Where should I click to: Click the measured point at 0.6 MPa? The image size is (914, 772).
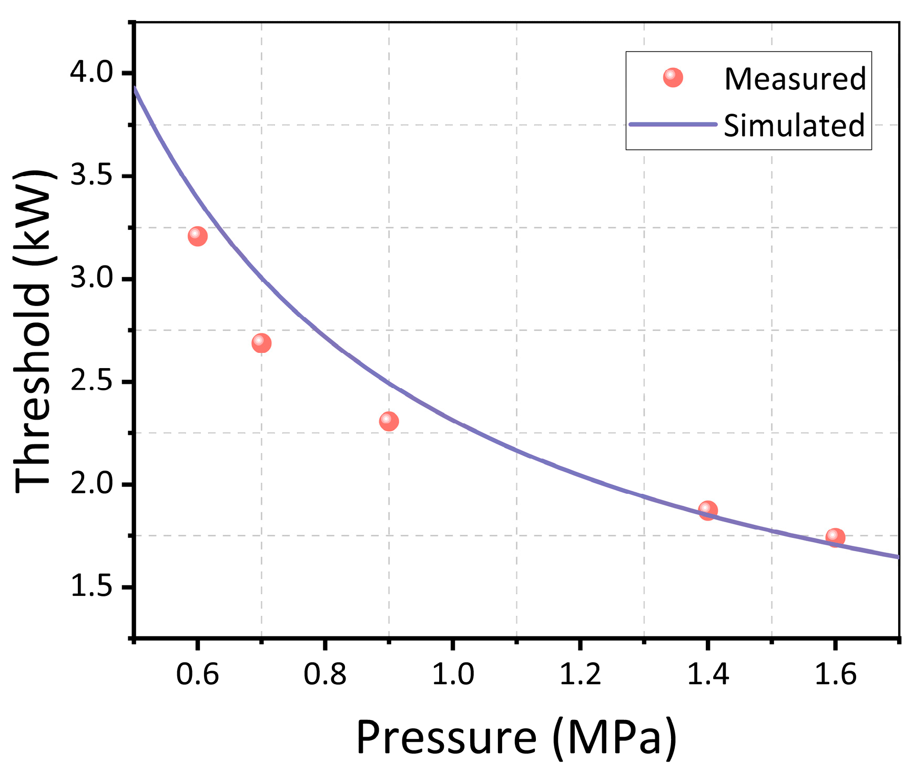pyautogui.click(x=197, y=236)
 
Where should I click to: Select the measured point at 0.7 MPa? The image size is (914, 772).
pyautogui.click(x=261, y=343)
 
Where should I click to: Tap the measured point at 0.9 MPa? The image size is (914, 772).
pyautogui.click(x=389, y=421)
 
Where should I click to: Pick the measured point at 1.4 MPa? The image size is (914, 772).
pyautogui.click(x=708, y=510)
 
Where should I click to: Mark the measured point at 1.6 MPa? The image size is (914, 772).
pyautogui.click(x=835, y=537)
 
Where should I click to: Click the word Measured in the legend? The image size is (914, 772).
pyautogui.click(x=795, y=79)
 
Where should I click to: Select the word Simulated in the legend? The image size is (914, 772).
pyautogui.click(x=794, y=126)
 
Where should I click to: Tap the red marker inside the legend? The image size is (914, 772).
pyautogui.click(x=673, y=77)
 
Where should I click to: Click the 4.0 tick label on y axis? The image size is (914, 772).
pyautogui.click(x=92, y=73)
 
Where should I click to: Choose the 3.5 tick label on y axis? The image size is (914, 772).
pyautogui.click(x=92, y=176)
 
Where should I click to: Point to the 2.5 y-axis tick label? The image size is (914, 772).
pyautogui.click(x=92, y=381)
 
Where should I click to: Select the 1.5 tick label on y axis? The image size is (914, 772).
pyautogui.click(x=92, y=587)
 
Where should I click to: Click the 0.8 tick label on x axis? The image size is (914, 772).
pyautogui.click(x=324, y=675)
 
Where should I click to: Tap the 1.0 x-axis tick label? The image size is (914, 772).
pyautogui.click(x=453, y=675)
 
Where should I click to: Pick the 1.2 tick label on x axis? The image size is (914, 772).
pyautogui.click(x=580, y=675)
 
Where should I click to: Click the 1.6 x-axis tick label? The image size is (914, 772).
pyautogui.click(x=835, y=675)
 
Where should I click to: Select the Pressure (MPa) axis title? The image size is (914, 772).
pyautogui.click(x=516, y=737)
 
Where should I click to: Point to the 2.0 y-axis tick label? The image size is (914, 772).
pyautogui.click(x=92, y=484)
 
